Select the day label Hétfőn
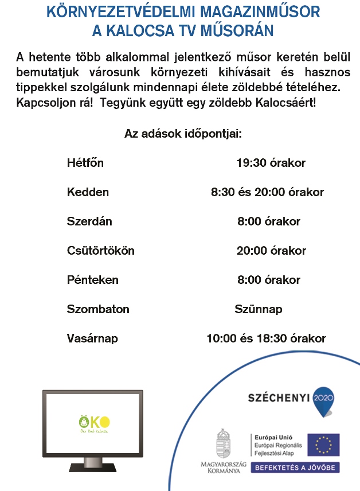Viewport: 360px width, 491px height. click(x=85, y=163)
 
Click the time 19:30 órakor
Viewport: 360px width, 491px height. click(x=271, y=163)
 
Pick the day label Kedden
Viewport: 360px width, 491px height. click(x=88, y=192)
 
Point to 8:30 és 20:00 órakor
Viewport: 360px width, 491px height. click(x=267, y=192)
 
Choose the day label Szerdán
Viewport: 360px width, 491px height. click(x=89, y=221)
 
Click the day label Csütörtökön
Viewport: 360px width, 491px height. click(x=101, y=251)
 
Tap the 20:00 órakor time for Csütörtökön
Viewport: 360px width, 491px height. click(x=271, y=251)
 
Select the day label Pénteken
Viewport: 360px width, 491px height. click(x=93, y=280)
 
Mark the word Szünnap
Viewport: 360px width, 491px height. click(x=259, y=309)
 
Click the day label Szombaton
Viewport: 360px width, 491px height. click(x=98, y=309)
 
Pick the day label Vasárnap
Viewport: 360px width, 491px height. click(x=92, y=338)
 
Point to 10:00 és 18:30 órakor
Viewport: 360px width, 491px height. click(x=266, y=338)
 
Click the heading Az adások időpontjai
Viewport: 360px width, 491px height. click(x=183, y=134)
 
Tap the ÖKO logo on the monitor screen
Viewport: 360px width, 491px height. click(x=94, y=422)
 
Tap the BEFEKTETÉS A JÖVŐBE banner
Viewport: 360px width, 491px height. click(x=295, y=467)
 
